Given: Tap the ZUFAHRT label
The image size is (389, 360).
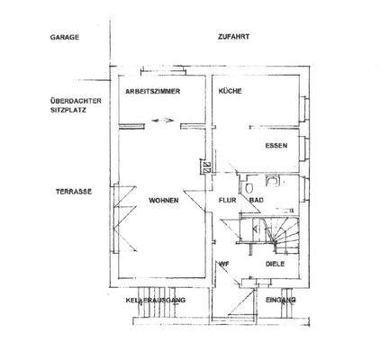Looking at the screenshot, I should tap(233, 38).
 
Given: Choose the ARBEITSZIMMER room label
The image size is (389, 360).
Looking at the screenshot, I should tap(155, 93).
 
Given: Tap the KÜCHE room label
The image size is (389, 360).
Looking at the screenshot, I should tap(228, 93).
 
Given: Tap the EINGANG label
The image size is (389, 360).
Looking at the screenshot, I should tap(279, 299).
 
